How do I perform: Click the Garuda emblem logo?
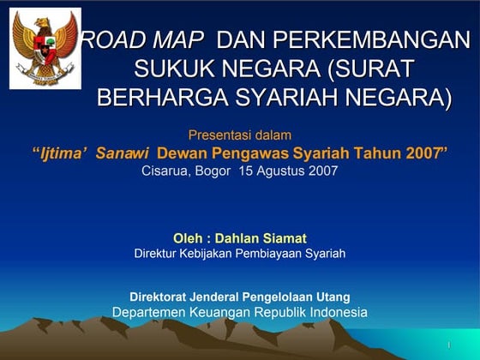(x=45, y=49)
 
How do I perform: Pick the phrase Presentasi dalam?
(x=240, y=135)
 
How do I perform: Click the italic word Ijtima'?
(x=66, y=153)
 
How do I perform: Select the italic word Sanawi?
(x=123, y=153)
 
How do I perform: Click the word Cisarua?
(x=165, y=171)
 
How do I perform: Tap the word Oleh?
(x=188, y=237)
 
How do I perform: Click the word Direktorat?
(x=159, y=297)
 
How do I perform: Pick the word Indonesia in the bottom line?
(x=333, y=312)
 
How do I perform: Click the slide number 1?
(x=448, y=345)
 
